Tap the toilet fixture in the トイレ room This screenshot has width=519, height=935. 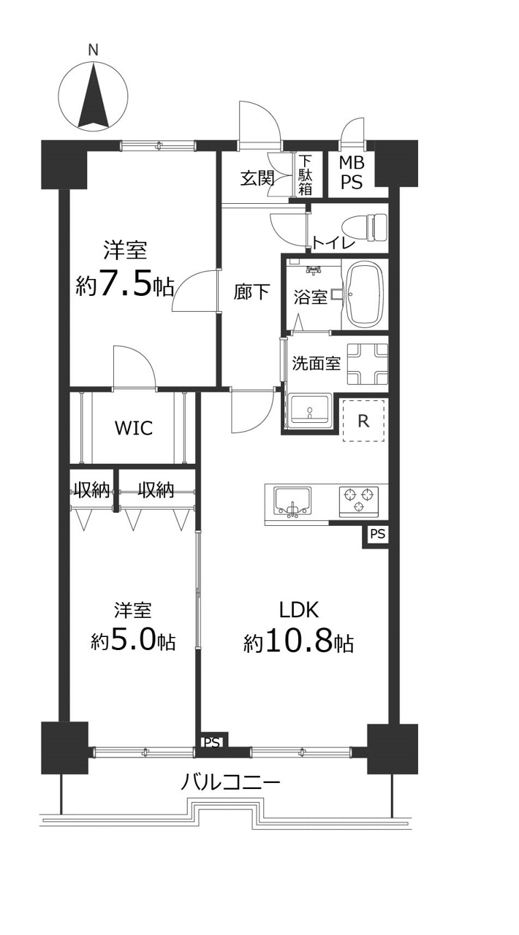[x=365, y=227]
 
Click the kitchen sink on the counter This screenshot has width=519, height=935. [x=292, y=501]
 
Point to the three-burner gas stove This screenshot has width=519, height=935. [x=358, y=502]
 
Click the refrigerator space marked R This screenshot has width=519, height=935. [x=363, y=421]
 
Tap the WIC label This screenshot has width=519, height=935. [x=134, y=428]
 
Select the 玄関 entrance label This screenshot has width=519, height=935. [x=257, y=179]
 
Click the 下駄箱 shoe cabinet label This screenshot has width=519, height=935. [x=305, y=175]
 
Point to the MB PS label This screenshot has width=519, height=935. [x=352, y=172]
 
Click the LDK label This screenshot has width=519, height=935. [x=299, y=610]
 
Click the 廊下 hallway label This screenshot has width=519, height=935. [x=251, y=291]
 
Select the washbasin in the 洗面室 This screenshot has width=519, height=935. [x=309, y=411]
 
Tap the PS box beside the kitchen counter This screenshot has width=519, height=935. [x=377, y=534]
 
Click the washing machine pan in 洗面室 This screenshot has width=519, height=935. [x=367, y=364]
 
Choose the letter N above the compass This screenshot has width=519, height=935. [x=93, y=50]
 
